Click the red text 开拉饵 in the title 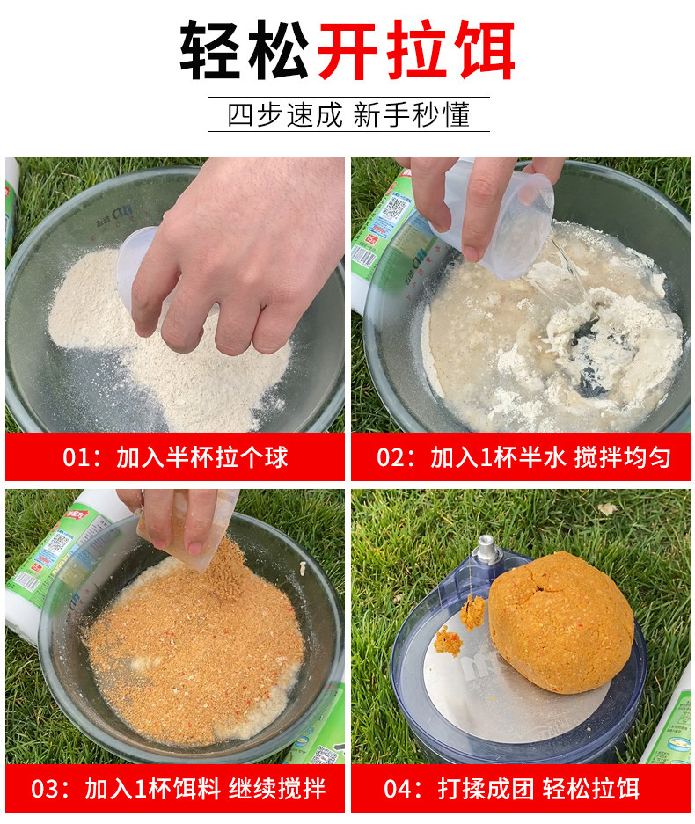[x=416, y=50]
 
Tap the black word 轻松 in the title [x=245, y=50]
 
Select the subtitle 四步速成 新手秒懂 [x=348, y=114]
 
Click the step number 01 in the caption [x=75, y=457]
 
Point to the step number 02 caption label [x=390, y=457]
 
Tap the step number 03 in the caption [x=44, y=789]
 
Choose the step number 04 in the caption [x=397, y=789]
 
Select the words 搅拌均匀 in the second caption [x=622, y=457]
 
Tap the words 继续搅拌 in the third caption [x=277, y=789]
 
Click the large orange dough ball [x=561, y=621]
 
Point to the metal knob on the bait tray [x=486, y=550]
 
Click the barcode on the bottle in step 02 [x=363, y=257]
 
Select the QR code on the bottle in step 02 [x=391, y=209]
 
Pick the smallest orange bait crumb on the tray [x=448, y=641]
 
